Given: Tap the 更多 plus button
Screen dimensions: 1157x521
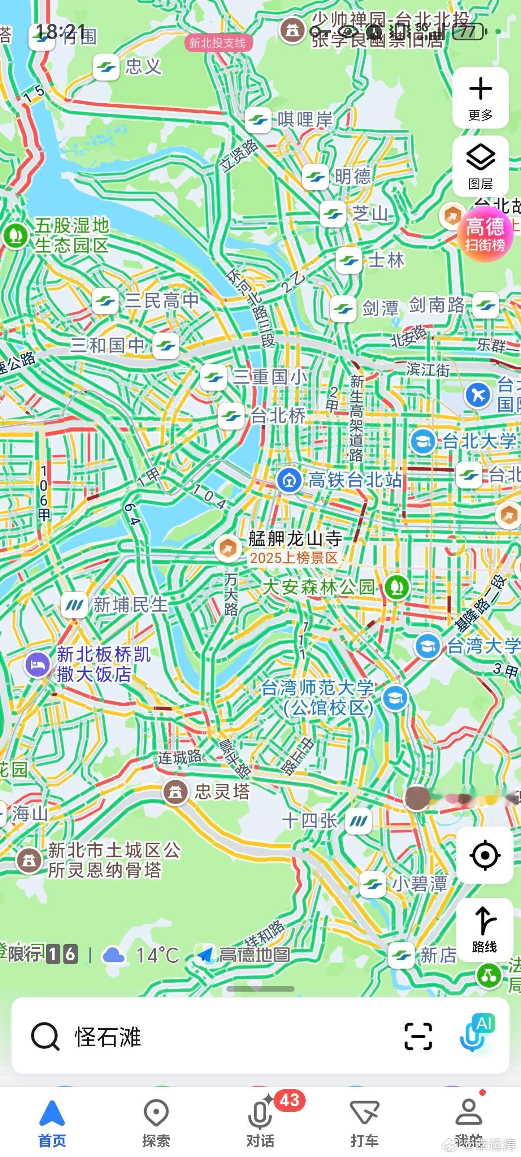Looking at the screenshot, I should [x=480, y=97].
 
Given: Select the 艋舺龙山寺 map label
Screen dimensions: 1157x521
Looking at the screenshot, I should [x=295, y=538].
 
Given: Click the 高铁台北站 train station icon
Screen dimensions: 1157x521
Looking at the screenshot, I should [x=289, y=480].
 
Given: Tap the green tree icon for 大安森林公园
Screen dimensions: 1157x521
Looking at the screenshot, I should [x=395, y=587].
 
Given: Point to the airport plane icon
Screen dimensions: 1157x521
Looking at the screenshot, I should [x=478, y=395].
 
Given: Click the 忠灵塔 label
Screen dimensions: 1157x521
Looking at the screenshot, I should [x=221, y=791].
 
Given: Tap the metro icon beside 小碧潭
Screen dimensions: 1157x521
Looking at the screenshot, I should [x=373, y=884].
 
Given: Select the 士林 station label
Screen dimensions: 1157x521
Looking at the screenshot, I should [x=386, y=260].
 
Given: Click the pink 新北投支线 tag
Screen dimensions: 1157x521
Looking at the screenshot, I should [x=218, y=43].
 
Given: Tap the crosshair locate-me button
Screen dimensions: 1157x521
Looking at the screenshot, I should [x=485, y=855].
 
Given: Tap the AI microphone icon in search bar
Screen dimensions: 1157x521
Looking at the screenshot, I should [x=475, y=1035].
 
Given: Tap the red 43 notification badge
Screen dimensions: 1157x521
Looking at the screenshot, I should [x=289, y=1100].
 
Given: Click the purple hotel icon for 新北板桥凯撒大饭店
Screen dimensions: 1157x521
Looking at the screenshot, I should [x=38, y=664].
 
